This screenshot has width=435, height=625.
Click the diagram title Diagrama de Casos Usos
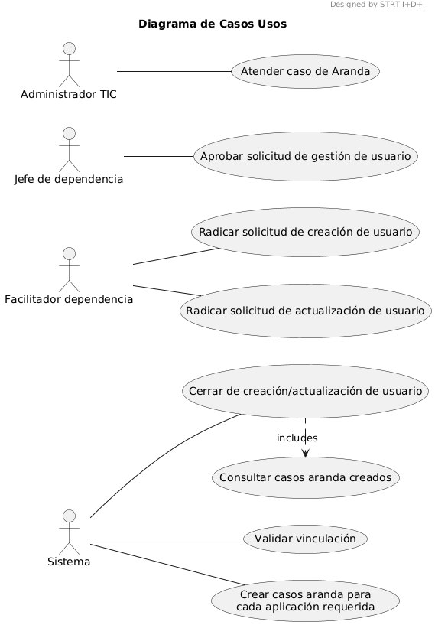click(213, 24)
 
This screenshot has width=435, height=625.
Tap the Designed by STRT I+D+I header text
click(378, 5)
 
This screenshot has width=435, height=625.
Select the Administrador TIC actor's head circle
click(70, 48)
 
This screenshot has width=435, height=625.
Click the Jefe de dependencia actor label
click(69, 179)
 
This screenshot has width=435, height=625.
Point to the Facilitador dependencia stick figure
click(70, 270)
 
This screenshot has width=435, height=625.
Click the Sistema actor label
click(69, 562)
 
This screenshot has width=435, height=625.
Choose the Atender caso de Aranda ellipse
click(306, 71)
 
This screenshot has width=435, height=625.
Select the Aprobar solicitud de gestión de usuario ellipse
click(306, 156)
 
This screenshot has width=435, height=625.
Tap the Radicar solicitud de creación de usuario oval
click(306, 232)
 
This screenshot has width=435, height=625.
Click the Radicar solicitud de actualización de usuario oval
click(306, 311)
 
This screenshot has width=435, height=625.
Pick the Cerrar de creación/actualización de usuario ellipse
click(306, 391)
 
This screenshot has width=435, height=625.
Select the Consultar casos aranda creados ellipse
click(306, 477)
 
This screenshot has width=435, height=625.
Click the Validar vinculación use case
click(306, 539)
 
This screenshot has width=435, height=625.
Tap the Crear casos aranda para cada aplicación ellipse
click(306, 601)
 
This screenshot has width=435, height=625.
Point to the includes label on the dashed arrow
click(297, 438)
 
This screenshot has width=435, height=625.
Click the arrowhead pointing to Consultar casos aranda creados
click(306, 453)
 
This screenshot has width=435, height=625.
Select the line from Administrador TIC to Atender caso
click(174, 71)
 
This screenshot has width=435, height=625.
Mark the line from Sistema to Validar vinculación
click(167, 539)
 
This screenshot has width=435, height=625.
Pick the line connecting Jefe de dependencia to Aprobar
click(158, 156)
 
